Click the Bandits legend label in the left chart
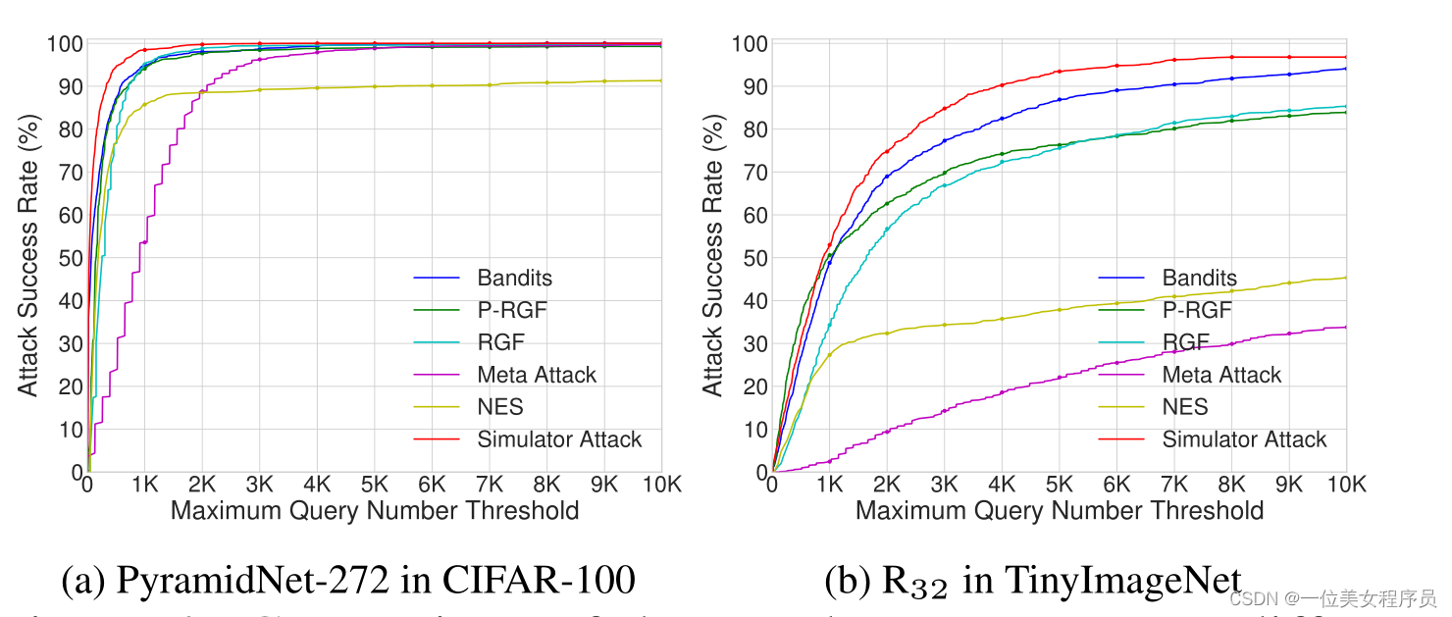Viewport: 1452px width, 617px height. point(514,278)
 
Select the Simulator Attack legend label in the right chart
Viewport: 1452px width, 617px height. point(1244,439)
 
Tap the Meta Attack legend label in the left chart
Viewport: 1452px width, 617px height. point(537,375)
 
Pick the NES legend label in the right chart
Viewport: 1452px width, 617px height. point(1185,407)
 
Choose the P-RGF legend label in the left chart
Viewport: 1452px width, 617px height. point(512,310)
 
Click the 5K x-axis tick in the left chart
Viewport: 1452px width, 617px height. point(374,485)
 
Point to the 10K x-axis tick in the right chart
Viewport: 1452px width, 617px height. point(1345,485)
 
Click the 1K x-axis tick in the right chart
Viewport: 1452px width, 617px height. point(830,485)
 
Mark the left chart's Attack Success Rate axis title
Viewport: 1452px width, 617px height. point(28,257)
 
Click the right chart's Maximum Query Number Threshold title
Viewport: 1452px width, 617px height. point(1060,511)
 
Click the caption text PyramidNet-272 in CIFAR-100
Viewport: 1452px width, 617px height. point(347,581)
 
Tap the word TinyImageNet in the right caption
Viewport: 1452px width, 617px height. point(1121,581)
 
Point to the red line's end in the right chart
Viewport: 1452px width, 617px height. point(1345,57)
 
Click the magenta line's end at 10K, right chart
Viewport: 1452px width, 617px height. point(1345,327)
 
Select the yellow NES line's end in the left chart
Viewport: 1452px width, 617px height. point(660,80)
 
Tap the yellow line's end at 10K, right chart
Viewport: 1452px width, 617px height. point(1345,277)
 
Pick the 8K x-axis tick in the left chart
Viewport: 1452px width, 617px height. point(546,485)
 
